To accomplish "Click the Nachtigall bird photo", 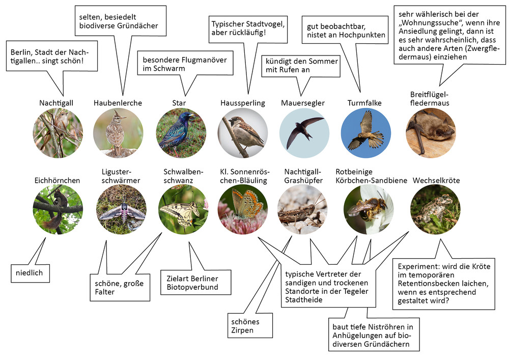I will pyautogui.click(x=58, y=133).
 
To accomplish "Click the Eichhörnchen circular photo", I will pyautogui.click(x=58, y=209).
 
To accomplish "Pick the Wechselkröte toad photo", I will pyautogui.click(x=434, y=209).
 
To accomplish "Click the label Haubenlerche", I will pyautogui.click(x=118, y=103).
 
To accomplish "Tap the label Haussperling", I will pyautogui.click(x=243, y=103).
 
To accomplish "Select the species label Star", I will pyautogui.click(x=179, y=103).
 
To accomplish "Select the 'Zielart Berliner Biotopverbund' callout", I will pyautogui.click(x=191, y=283).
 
